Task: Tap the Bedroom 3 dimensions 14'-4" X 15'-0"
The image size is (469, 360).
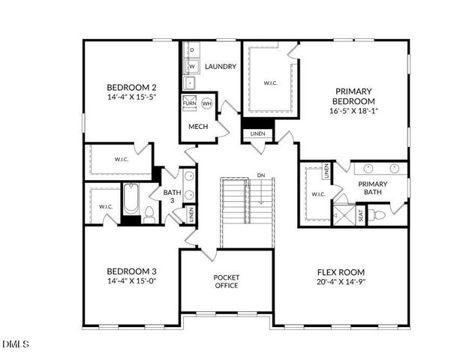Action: click(131, 280)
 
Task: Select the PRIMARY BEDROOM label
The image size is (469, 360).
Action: click(353, 96)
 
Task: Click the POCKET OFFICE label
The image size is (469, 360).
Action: click(226, 281)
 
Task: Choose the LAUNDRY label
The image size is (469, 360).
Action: click(221, 67)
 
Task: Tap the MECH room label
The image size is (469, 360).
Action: click(198, 126)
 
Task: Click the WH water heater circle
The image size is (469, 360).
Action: click(206, 103)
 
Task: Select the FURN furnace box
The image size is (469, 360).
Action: click(190, 103)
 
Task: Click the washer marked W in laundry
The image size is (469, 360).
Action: click(191, 66)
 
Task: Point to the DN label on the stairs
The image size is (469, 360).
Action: click(260, 175)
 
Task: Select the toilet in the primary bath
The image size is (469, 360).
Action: click(379, 216)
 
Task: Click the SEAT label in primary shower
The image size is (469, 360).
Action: click(360, 215)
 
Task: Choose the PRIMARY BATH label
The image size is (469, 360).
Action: click(372, 188)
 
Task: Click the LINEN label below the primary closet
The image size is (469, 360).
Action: click(257, 133)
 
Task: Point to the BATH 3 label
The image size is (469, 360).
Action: click(172, 196)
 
